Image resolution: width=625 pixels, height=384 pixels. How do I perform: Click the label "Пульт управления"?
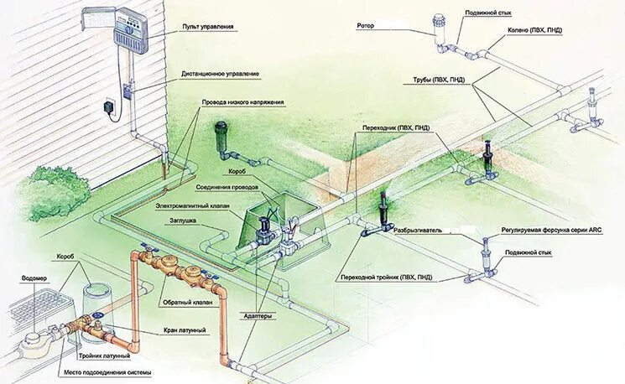coord(208,26)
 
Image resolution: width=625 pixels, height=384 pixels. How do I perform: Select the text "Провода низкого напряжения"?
coord(242,103)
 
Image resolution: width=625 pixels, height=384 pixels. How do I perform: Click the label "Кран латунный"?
coord(184,330)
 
